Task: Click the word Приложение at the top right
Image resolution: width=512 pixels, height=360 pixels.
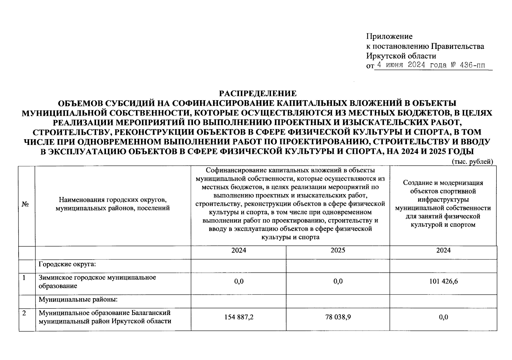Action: point(389,37)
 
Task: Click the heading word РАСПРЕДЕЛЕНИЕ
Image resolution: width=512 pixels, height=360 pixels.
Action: point(258,94)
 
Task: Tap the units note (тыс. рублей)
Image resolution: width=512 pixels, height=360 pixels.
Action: point(472,162)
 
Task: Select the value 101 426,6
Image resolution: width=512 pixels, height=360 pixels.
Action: point(443,281)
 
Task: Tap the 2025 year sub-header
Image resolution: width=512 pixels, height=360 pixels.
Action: point(338,250)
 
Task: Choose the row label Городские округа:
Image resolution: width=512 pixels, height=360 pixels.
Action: point(67,264)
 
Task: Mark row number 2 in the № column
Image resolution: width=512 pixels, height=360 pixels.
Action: point(24,313)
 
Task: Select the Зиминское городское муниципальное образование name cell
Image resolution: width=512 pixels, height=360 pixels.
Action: point(97,282)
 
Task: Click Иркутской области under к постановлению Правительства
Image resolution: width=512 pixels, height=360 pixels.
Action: point(401,56)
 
